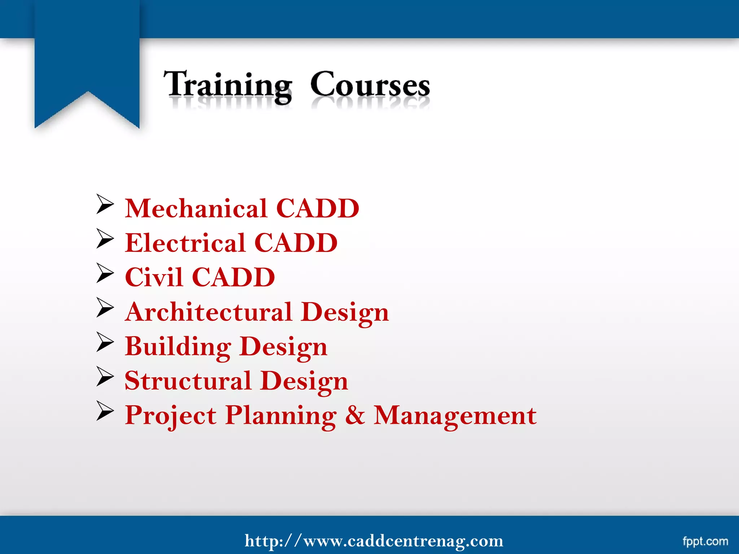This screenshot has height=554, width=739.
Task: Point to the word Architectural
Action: pos(209,312)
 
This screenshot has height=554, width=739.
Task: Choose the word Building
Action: pos(178,346)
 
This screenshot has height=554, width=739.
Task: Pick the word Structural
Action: pos(188,381)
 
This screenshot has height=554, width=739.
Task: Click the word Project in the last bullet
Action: pos(170,415)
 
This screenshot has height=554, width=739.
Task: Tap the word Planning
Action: pos(281,415)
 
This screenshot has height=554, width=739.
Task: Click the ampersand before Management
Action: pos(355,415)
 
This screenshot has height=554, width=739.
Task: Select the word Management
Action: pos(455,415)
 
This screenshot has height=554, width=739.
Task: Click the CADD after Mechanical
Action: pos(318,208)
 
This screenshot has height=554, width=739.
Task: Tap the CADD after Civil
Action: pos(233,277)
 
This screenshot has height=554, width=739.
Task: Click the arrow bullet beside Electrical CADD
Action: pos(105,239)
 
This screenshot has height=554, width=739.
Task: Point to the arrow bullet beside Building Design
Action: pos(105,342)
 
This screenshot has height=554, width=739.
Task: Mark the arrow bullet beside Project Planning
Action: pos(105,411)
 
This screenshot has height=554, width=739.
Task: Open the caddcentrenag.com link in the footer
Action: pos(374,541)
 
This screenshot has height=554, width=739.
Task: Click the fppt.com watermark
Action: pos(705,541)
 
